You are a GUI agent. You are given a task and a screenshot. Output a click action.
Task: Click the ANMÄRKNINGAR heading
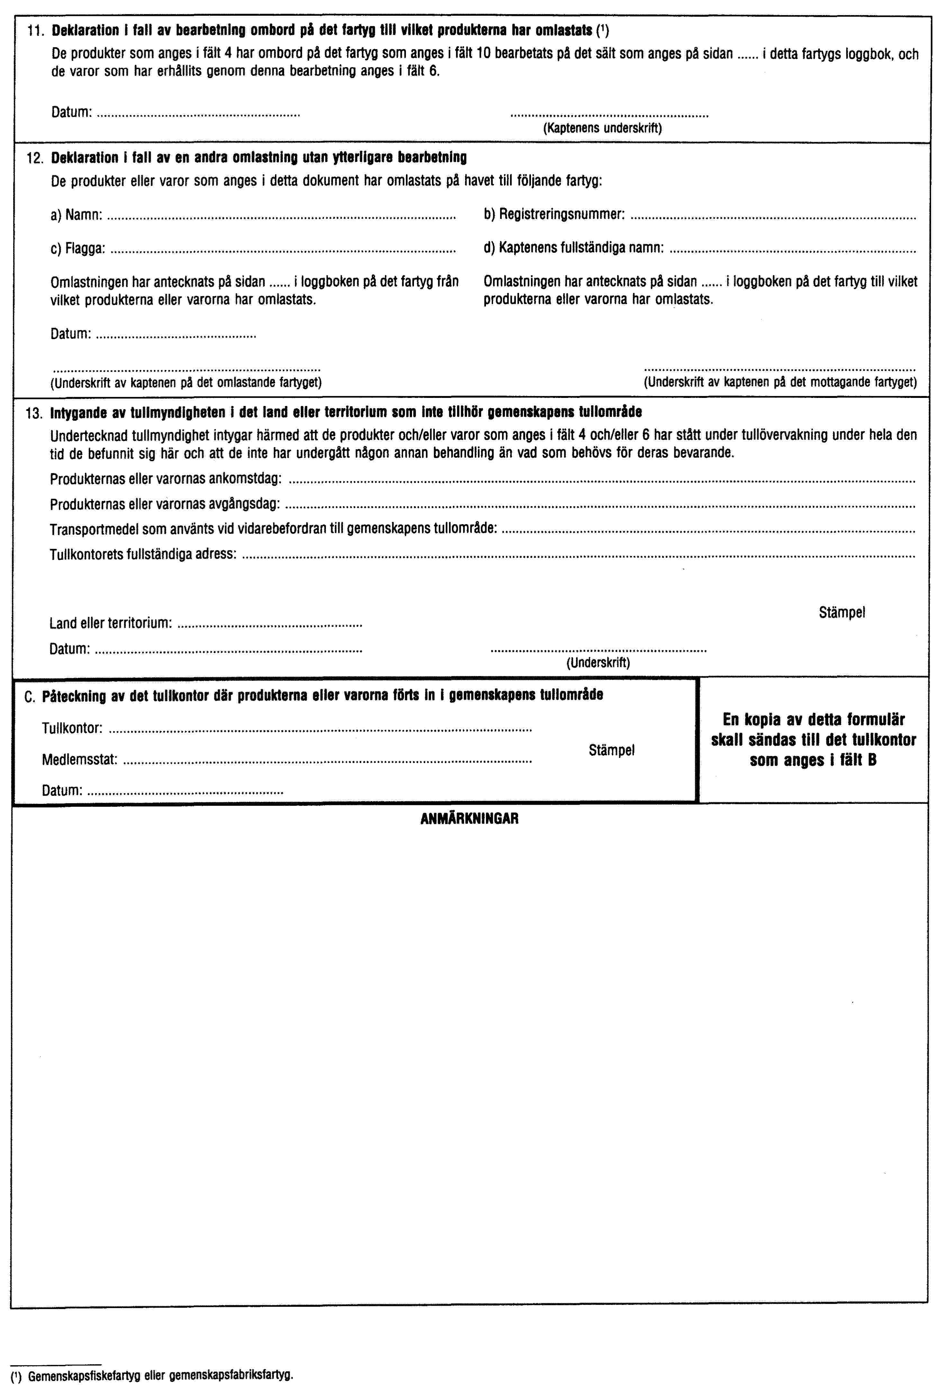(469, 818)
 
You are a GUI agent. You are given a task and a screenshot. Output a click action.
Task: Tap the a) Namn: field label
(76, 215)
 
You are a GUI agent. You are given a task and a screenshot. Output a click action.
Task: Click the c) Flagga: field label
(78, 247)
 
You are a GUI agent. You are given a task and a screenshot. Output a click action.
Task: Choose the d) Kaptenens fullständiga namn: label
(573, 247)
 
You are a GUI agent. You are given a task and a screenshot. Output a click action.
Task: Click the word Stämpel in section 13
(842, 612)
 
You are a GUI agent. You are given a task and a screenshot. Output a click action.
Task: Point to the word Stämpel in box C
(611, 750)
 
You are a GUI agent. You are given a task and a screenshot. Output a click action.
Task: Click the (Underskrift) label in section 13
(598, 662)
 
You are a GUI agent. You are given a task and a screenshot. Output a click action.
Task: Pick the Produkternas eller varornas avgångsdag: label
(165, 504)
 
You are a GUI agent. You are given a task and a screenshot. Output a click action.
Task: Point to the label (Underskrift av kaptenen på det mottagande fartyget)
(780, 382)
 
